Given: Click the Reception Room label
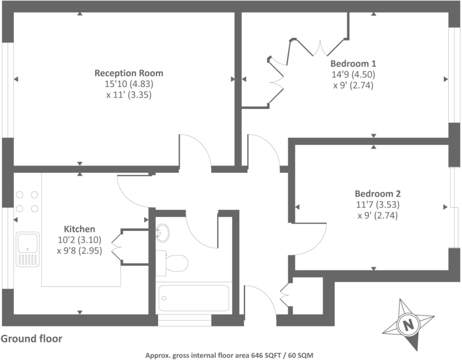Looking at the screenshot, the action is (x=129, y=73).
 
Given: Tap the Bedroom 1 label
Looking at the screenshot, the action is (x=353, y=63).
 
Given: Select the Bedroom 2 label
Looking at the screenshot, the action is (x=378, y=194).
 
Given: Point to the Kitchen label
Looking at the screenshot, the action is (x=79, y=229).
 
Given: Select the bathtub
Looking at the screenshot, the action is (x=194, y=298).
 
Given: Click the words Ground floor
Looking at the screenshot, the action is (x=32, y=338).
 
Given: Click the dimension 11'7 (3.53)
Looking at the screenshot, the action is (x=378, y=205).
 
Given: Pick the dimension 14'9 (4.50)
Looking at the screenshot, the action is (x=353, y=75).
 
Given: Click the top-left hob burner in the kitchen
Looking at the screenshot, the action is (x=20, y=195).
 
